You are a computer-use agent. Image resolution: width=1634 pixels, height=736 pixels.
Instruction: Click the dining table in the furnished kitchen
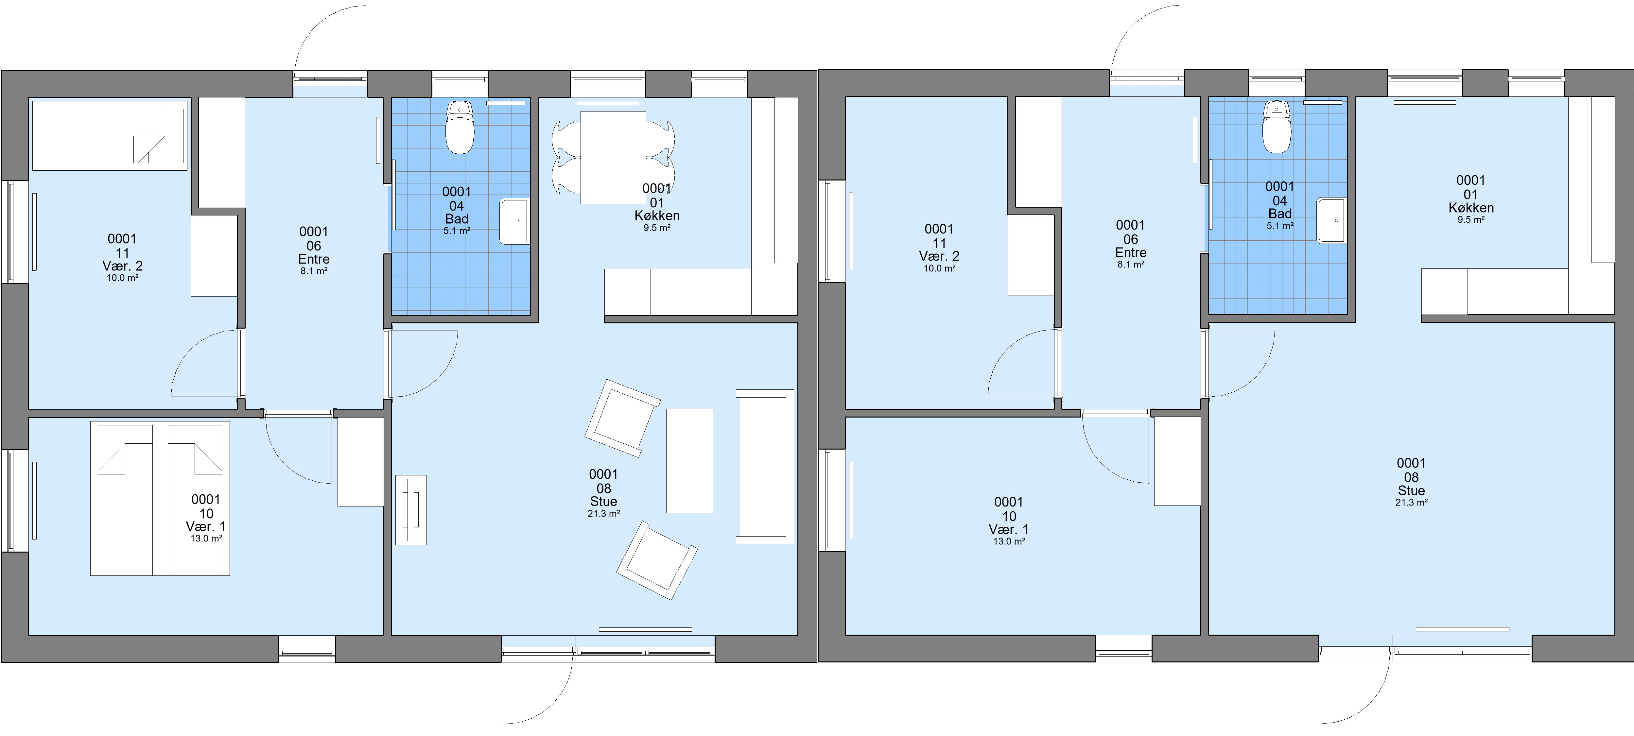pos(613,157)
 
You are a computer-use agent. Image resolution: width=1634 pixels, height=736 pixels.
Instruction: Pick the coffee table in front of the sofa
pos(689,461)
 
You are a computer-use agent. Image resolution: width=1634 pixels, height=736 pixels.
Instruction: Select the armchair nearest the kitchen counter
pos(622,418)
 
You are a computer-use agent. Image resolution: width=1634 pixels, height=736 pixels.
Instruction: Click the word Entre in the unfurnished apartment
pos(1131,252)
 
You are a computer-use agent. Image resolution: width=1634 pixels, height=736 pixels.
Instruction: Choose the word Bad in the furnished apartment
pos(457,219)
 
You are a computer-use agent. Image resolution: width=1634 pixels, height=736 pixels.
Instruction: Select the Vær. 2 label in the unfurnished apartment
pos(939,256)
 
